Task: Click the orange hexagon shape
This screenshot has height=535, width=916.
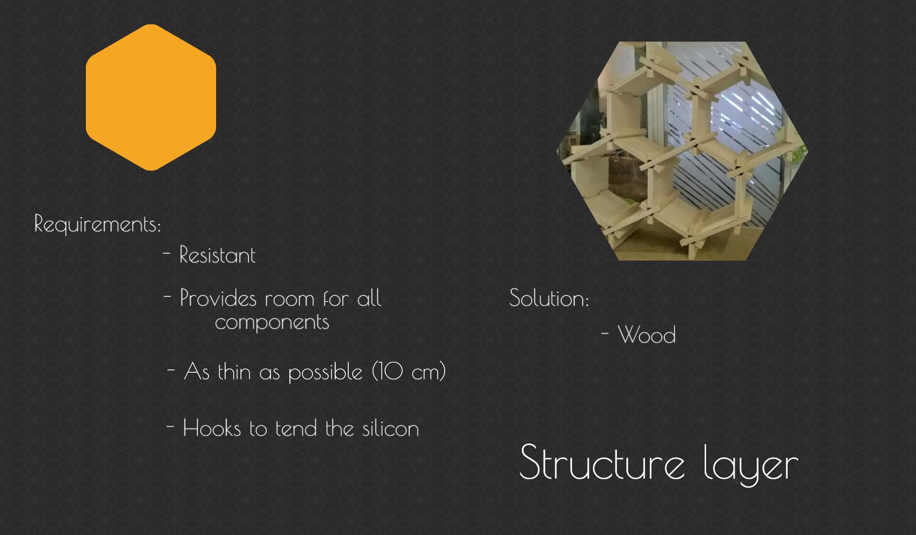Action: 151,97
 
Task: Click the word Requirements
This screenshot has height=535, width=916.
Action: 96,224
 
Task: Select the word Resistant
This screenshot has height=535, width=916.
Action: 217,255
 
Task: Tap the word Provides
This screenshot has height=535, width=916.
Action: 218,298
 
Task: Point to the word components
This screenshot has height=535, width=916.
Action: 272,322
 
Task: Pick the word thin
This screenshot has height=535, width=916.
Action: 234,371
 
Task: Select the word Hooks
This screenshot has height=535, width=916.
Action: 212,428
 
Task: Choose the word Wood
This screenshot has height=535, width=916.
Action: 646,335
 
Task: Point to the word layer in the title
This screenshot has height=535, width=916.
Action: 751,464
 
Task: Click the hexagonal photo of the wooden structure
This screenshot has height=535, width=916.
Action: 682,151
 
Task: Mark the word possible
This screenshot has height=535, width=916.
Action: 325,372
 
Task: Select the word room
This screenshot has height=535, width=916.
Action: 290,300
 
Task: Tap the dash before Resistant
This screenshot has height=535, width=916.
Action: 167,253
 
